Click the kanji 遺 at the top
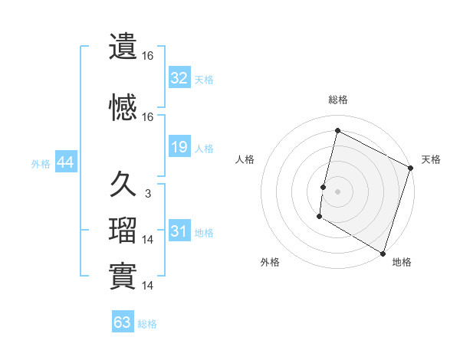[123, 47]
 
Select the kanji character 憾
[123, 108]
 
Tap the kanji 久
[123, 185]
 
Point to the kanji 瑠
[123, 231]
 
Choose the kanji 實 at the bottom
[123, 276]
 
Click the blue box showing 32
[179, 78]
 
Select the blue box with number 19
[179, 147]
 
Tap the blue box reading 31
[179, 231]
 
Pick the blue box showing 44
[65, 162]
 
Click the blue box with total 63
[123, 322]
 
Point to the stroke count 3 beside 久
[147, 194]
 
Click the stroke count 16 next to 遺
[148, 56]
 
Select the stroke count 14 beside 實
[148, 286]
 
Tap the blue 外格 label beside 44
[41, 163]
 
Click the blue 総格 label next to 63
[147, 323]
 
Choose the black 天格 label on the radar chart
[431, 159]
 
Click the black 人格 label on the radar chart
[245, 159]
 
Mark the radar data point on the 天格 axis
[410, 168]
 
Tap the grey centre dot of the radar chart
[337, 191]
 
